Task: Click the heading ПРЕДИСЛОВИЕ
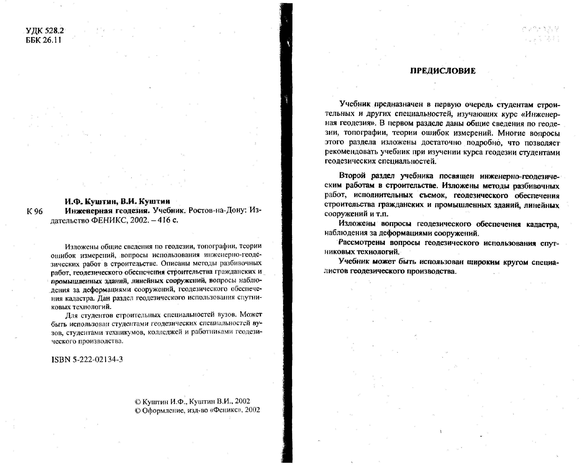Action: (x=443, y=71)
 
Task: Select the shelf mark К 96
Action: (x=35, y=211)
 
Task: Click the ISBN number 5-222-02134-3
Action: (x=87, y=359)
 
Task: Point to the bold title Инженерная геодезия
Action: (x=107, y=210)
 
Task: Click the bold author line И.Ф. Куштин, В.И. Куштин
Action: (x=117, y=201)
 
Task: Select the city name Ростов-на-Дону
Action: (x=217, y=210)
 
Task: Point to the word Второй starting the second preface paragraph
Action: (x=352, y=176)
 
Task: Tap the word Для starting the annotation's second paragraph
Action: (x=71, y=315)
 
